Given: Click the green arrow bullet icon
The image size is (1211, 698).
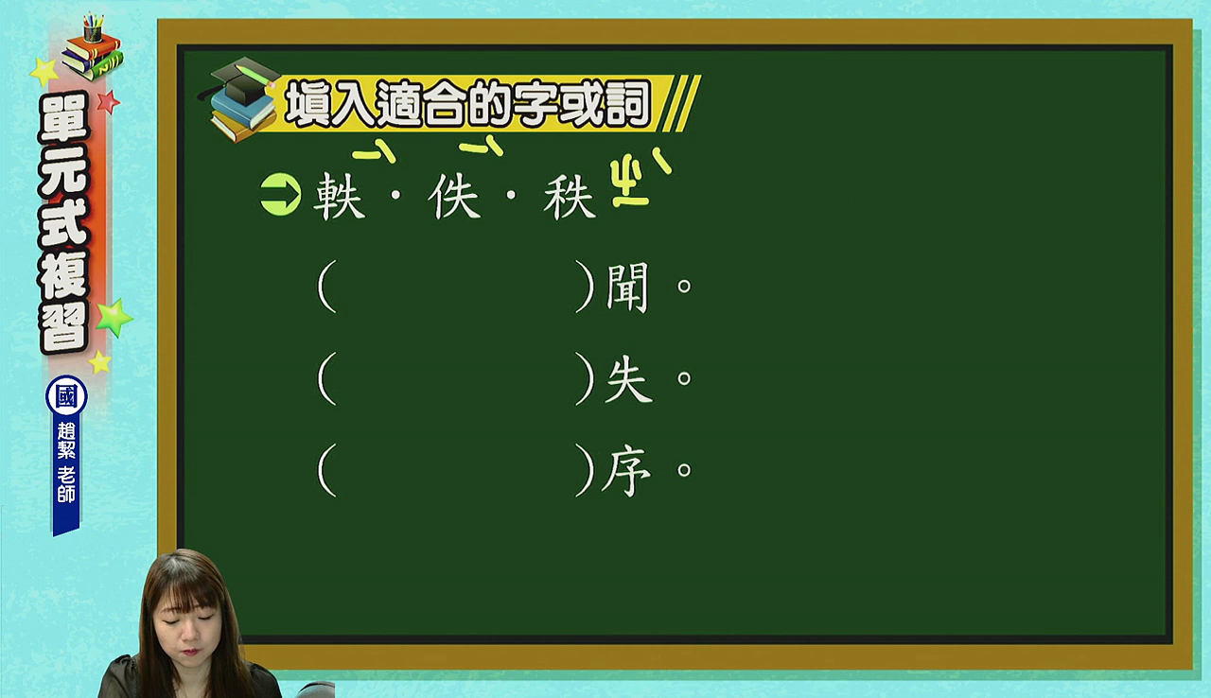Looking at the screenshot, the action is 281,195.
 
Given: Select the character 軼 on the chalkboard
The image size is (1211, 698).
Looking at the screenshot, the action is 339,197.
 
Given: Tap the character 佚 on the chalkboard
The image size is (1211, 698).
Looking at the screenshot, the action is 453,196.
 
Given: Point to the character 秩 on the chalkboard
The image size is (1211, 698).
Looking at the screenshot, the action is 570,197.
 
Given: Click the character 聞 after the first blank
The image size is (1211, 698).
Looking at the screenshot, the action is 627,287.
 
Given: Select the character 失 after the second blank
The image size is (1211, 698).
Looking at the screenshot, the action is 627,378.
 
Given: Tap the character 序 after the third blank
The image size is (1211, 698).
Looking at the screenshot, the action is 626,471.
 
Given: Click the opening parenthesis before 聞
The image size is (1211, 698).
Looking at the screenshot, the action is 327,287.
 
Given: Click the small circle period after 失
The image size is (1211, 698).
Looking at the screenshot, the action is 684,377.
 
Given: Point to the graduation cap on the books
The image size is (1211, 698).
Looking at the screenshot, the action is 243,80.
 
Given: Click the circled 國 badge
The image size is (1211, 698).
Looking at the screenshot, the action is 66,396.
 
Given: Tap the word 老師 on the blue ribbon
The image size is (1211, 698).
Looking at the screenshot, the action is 66,484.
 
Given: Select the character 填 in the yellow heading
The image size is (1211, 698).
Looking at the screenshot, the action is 308,103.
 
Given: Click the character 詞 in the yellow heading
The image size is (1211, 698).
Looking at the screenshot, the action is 627,103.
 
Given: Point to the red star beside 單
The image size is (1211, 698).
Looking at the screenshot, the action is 109,101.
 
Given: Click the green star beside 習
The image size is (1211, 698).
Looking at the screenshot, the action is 114,318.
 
